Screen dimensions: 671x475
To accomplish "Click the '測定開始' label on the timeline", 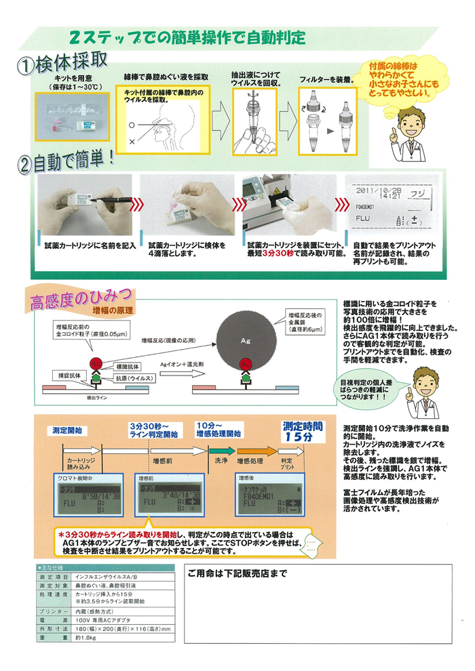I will (x=65, y=430).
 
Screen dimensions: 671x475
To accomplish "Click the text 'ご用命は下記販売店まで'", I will (x=237, y=573).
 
